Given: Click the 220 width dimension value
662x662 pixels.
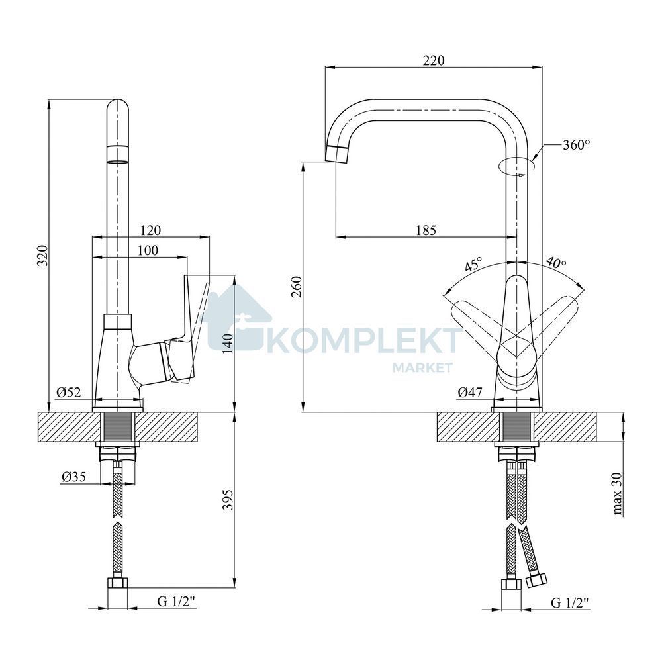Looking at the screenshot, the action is click(x=434, y=60).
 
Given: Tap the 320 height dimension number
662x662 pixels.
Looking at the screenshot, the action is click(x=42, y=256).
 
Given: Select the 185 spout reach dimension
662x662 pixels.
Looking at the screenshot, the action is click(x=426, y=230).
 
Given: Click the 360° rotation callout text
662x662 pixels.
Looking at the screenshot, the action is click(x=577, y=145).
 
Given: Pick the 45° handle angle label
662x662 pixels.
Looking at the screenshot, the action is click(x=473, y=265).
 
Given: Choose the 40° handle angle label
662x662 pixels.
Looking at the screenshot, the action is click(x=556, y=263).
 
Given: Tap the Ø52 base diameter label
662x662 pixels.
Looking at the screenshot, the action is click(x=68, y=393).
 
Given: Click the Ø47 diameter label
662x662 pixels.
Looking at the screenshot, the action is click(x=470, y=393).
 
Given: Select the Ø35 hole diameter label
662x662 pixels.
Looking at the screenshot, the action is click(x=74, y=477).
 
